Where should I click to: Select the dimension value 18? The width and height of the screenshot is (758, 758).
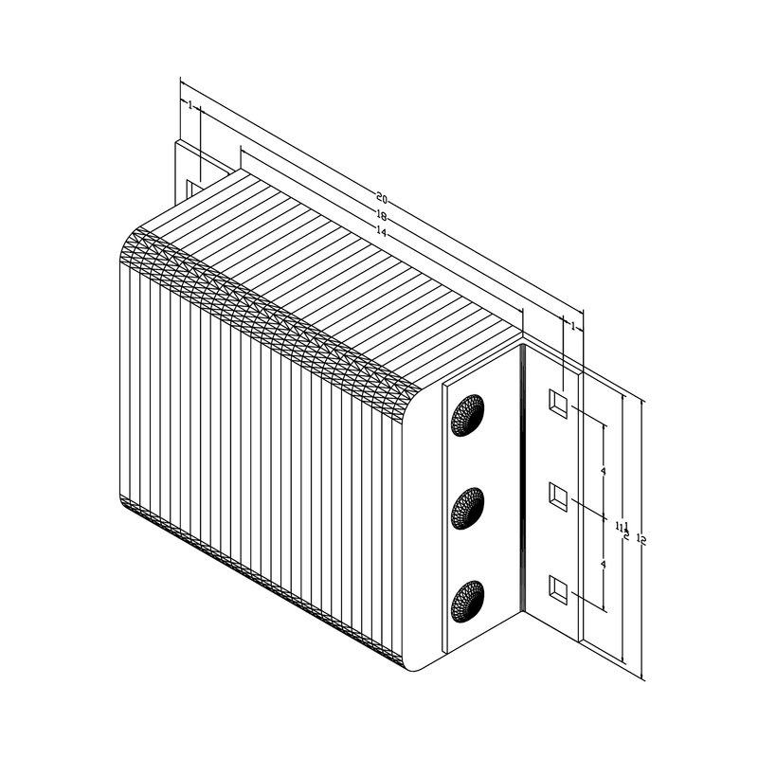pyautogui.click(x=382, y=215)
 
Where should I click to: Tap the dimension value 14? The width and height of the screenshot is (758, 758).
pyautogui.click(x=382, y=231)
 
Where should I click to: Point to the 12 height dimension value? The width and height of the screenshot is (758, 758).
pyautogui.click(x=641, y=539)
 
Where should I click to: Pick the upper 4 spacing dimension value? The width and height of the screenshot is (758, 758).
pyautogui.click(x=604, y=471)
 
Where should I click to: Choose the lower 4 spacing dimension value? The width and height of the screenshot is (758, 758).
pyautogui.click(x=604, y=564)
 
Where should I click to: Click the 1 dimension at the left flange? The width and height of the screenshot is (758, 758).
pyautogui.click(x=190, y=106)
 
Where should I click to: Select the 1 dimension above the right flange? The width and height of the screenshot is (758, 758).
pyautogui.click(x=572, y=325)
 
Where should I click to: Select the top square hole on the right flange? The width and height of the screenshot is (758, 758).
pyautogui.click(x=559, y=405)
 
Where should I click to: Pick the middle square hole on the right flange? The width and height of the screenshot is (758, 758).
pyautogui.click(x=559, y=496)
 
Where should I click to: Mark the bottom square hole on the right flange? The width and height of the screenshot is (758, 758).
pyautogui.click(x=559, y=588)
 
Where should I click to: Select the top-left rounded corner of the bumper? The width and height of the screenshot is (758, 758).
pyautogui.click(x=133, y=243)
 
